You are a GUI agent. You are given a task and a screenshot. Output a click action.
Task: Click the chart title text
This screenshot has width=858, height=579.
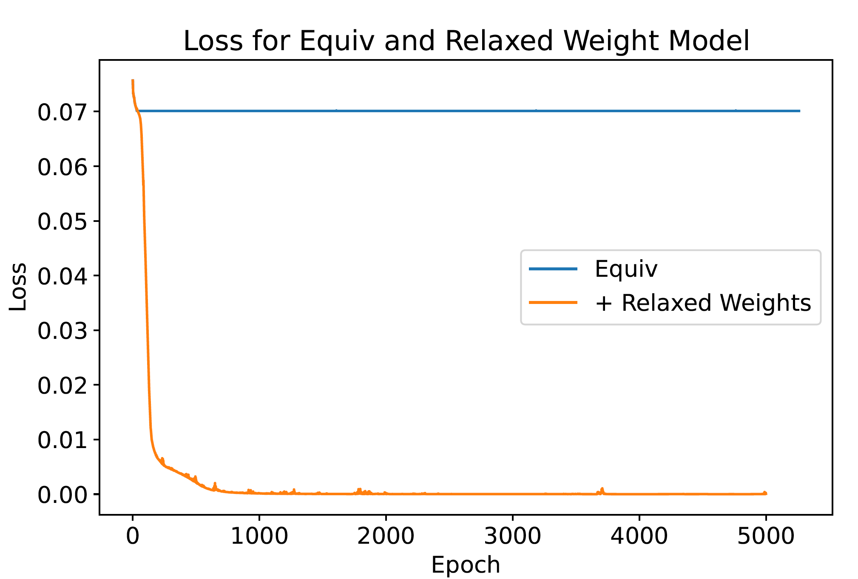(466, 41)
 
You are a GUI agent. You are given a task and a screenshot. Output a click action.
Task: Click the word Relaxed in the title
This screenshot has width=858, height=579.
(500, 41)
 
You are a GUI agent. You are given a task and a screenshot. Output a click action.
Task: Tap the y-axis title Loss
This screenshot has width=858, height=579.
(18, 287)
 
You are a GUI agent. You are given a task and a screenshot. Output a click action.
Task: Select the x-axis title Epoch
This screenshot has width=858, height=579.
(466, 565)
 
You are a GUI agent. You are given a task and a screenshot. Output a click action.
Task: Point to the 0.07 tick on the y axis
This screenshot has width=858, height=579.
(62, 112)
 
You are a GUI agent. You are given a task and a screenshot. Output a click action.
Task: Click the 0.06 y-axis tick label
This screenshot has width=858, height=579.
(62, 167)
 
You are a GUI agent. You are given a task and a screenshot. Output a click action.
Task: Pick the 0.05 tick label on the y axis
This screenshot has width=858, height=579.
(62, 221)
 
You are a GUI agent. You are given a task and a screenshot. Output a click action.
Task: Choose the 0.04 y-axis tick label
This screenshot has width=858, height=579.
(62, 276)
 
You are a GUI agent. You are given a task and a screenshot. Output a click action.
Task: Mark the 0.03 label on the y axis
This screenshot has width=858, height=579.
(62, 331)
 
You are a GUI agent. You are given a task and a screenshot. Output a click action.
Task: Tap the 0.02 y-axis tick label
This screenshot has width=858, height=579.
(62, 386)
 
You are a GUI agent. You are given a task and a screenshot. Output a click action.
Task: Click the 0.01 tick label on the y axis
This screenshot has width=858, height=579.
(62, 440)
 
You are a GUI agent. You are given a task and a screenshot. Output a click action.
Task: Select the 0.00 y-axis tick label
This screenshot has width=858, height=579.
(62, 495)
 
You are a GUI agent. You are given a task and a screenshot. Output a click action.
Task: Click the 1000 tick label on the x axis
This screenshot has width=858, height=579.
(259, 536)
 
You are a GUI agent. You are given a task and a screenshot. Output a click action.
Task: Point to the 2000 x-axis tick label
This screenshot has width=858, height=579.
(386, 536)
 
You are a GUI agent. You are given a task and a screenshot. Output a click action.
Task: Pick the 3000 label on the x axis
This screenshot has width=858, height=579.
(512, 536)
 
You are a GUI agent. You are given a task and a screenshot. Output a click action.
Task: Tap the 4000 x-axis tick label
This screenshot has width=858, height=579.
(639, 536)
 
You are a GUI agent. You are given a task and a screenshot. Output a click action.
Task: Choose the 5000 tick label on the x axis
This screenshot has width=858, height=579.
(766, 536)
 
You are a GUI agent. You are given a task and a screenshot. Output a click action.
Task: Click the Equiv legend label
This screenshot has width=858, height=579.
(626, 269)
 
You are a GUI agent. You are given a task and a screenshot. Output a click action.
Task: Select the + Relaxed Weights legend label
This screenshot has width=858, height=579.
(703, 303)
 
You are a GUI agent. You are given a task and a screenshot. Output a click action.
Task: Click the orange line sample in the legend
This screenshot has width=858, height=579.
(553, 303)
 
